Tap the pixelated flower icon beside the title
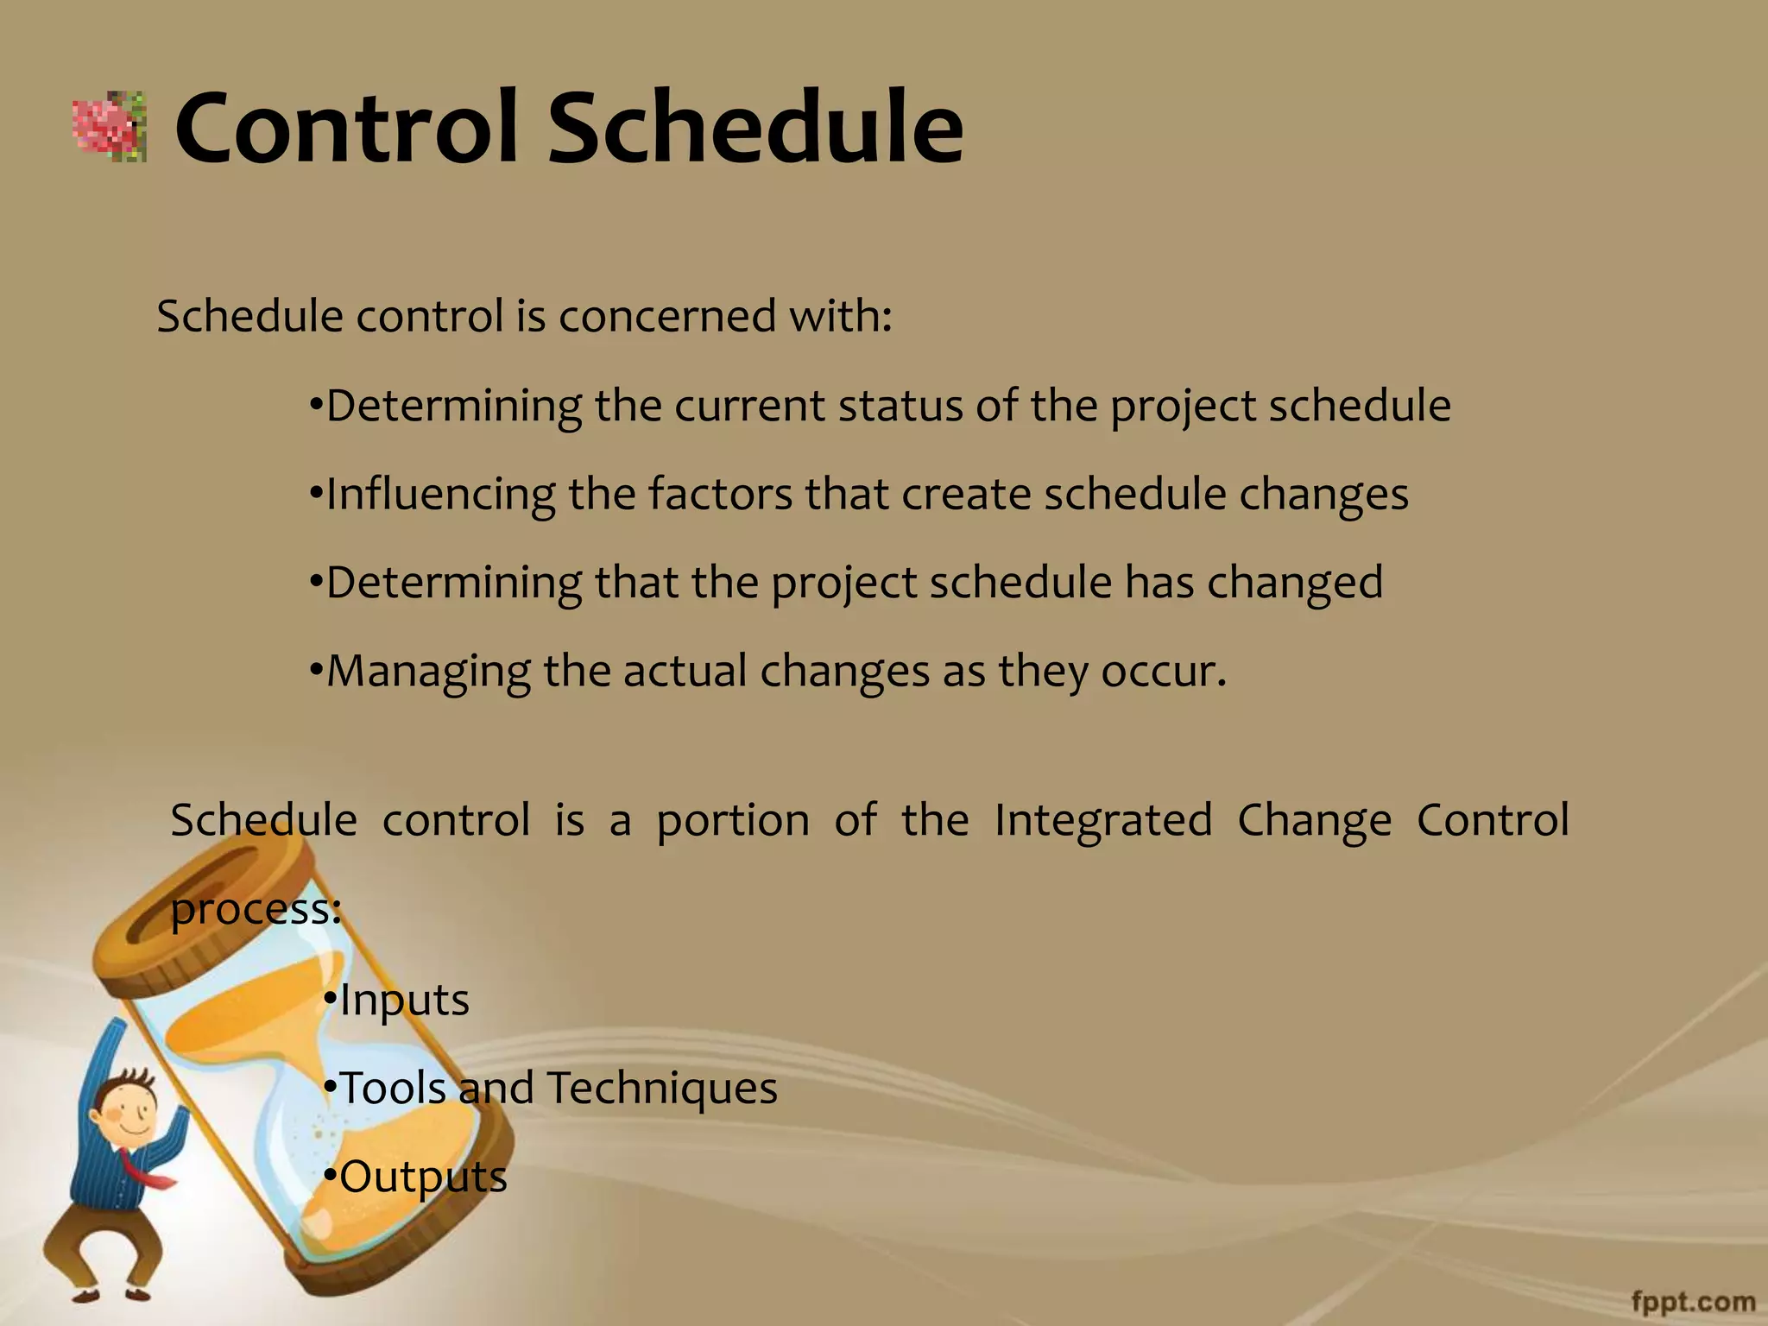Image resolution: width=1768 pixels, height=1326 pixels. point(109,127)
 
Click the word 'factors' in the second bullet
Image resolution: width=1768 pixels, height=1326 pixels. point(720,495)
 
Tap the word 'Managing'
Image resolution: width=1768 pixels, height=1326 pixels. point(428,672)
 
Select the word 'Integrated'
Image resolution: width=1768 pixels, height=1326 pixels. point(1103,820)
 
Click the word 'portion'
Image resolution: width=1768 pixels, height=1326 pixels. point(733,821)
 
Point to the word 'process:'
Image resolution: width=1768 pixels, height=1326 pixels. point(256,910)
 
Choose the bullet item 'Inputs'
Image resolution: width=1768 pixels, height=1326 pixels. point(404,1001)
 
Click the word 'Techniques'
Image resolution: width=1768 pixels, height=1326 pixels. point(662,1088)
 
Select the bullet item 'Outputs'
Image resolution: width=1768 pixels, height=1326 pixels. point(423,1178)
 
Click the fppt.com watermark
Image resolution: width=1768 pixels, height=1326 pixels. point(1693,1302)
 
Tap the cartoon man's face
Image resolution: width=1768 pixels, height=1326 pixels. point(129,1114)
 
